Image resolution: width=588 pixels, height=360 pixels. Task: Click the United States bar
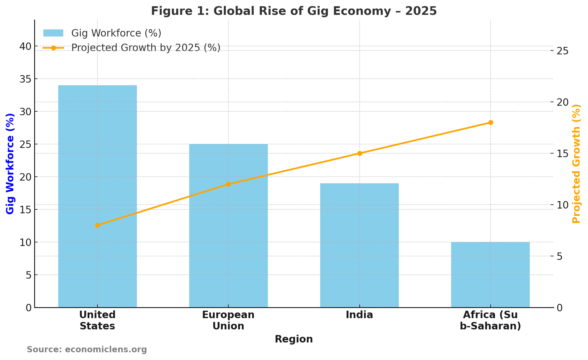(x=97, y=196)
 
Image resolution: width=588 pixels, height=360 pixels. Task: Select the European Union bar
(x=228, y=226)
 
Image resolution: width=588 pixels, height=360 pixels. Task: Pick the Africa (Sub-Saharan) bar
(x=490, y=275)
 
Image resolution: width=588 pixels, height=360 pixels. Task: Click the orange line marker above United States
(x=97, y=225)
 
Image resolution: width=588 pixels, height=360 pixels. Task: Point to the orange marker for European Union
(x=228, y=184)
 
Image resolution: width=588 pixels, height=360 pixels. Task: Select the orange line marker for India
(x=360, y=153)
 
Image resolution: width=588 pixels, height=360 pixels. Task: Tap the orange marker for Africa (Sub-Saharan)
(x=491, y=122)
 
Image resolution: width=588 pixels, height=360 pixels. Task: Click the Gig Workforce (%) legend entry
(x=116, y=33)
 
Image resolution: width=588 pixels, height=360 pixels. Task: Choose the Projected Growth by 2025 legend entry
(x=146, y=48)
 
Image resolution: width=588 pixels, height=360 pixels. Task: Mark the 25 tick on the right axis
(x=562, y=51)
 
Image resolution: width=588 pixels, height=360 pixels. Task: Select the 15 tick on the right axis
(x=562, y=154)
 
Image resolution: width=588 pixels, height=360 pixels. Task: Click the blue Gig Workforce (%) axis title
(x=10, y=163)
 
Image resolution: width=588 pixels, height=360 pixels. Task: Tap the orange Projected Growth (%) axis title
(x=576, y=163)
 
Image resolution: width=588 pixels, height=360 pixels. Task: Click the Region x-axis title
(x=294, y=339)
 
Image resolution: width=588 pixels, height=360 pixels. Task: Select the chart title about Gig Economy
(x=294, y=11)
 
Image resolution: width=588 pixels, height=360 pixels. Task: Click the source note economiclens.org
(x=87, y=349)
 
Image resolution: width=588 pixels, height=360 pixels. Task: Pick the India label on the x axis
(x=359, y=315)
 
